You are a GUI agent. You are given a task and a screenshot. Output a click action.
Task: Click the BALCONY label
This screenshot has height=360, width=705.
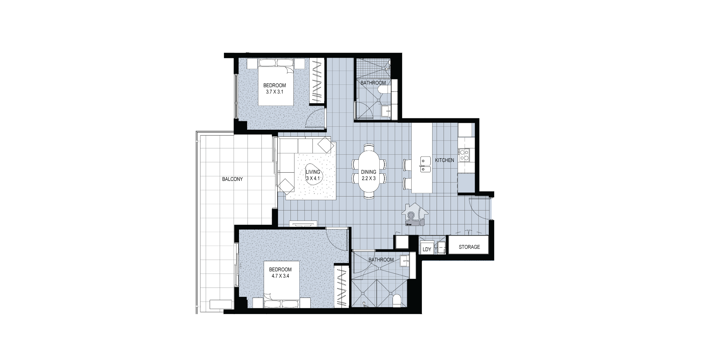click(232, 179)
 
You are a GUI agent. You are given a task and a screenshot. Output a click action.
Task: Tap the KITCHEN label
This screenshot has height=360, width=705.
click(445, 160)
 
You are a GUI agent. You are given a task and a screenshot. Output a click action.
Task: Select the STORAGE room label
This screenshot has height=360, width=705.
click(469, 247)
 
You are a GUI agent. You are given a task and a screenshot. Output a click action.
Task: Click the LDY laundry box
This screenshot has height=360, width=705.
click(427, 249)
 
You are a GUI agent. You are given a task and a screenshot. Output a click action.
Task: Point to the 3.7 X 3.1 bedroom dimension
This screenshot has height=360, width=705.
click(275, 92)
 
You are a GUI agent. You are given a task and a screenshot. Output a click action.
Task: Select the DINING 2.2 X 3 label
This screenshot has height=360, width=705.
click(369, 175)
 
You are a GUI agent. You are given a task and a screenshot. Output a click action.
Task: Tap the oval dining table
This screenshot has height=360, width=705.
click(369, 172)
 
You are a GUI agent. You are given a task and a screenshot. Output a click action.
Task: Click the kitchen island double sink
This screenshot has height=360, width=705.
click(426, 165)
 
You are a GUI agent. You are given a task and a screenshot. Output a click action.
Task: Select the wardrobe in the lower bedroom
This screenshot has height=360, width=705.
click(341, 286)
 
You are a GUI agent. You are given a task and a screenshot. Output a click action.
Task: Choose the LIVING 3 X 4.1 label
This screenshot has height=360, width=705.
click(313, 175)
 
